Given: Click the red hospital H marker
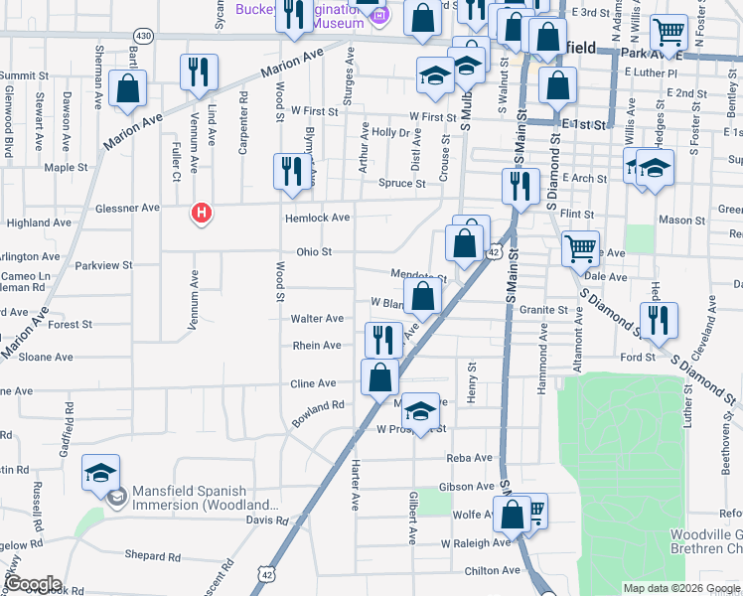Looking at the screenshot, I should click(x=202, y=214).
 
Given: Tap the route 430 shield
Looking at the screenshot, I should click(x=144, y=36).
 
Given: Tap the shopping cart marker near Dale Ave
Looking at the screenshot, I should click(x=580, y=250).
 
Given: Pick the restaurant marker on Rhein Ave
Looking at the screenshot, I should click(x=382, y=341).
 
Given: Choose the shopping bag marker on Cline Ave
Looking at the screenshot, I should click(x=379, y=377).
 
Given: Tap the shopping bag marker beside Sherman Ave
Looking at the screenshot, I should click(x=128, y=89).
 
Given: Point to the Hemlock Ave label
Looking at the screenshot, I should click(x=317, y=218).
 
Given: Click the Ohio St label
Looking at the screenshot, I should click(x=313, y=252).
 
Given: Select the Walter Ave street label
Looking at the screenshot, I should click(x=317, y=319).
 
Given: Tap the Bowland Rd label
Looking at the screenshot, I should click(x=318, y=413).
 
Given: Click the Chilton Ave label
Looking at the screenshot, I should click(x=493, y=570).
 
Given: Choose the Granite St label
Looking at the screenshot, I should click(x=542, y=310).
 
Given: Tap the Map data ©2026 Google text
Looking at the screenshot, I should click(x=679, y=588).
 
